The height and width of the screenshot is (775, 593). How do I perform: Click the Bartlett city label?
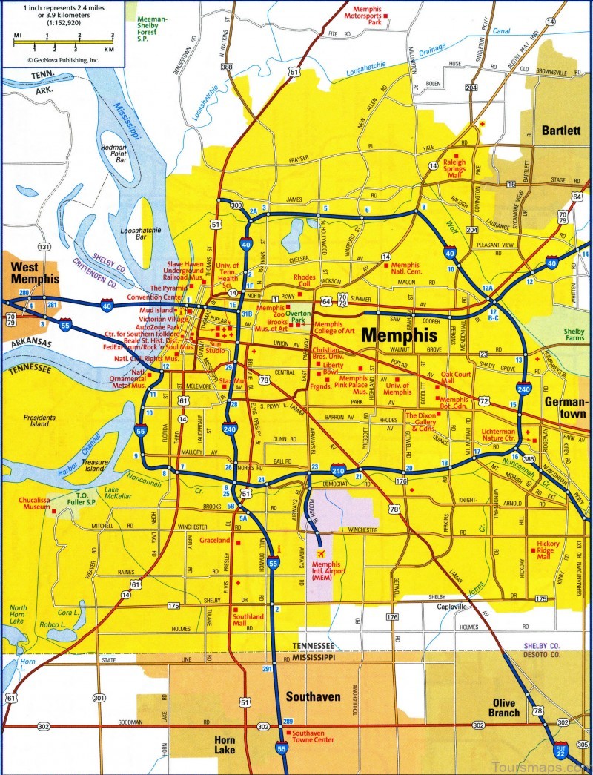click(x=561, y=130)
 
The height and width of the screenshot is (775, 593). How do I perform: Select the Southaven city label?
click(x=313, y=696)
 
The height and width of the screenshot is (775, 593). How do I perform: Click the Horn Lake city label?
click(x=225, y=745)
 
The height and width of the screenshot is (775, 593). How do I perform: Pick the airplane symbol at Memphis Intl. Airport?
click(x=322, y=553)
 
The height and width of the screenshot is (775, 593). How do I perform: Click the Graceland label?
click(x=215, y=541)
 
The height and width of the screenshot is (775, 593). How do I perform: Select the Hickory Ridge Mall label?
click(x=548, y=550)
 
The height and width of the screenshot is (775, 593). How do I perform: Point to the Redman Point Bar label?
click(x=114, y=154)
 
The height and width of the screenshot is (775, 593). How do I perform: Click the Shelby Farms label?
click(x=574, y=334)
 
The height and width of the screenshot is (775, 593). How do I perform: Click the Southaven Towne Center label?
click(x=313, y=735)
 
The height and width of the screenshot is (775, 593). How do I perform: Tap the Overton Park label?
click(x=300, y=319)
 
